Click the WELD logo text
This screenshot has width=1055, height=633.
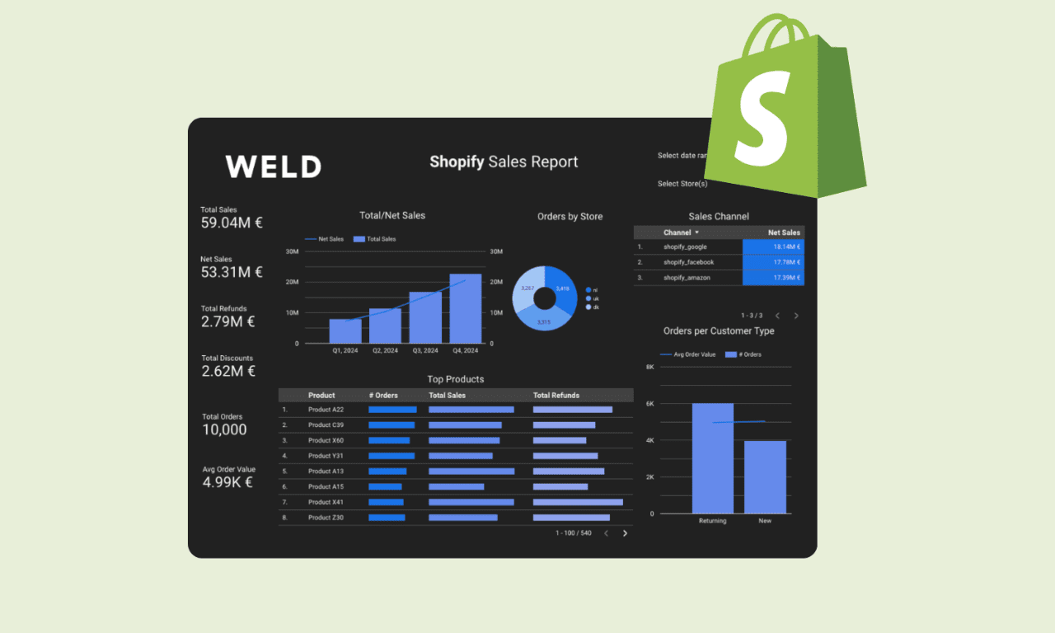pyautogui.click(x=273, y=166)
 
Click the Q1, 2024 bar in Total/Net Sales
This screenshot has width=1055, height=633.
pyautogui.click(x=345, y=331)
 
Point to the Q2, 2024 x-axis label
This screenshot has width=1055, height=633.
pyautogui.click(x=385, y=350)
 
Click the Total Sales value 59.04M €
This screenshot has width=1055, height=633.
pyautogui.click(x=232, y=223)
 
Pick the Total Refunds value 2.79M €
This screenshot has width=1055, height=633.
pyautogui.click(x=228, y=321)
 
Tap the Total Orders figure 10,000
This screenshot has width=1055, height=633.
pyautogui.click(x=224, y=429)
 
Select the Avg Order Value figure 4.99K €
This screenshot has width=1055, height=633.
pyautogui.click(x=227, y=482)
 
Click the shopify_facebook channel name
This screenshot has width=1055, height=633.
pyautogui.click(x=688, y=262)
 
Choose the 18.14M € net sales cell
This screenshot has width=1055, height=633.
pyautogui.click(x=773, y=246)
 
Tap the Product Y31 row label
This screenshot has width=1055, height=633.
pyautogui.click(x=326, y=456)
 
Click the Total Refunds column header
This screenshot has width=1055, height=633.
pyautogui.click(x=556, y=396)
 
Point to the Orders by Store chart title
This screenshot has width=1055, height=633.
pyautogui.click(x=570, y=217)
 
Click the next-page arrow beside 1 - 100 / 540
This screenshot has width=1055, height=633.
pyautogui.click(x=625, y=533)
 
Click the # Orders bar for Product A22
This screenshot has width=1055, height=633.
pyautogui.click(x=392, y=410)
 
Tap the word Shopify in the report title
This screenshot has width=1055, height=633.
pyautogui.click(x=457, y=162)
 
